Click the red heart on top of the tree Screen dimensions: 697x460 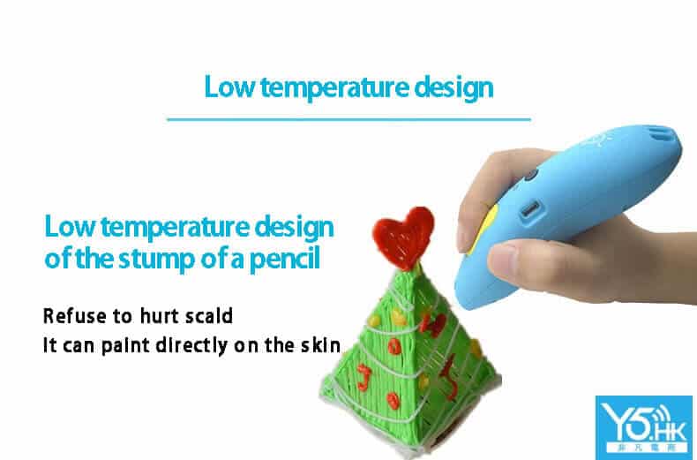pos(402,238)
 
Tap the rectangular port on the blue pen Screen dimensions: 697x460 pos(530,208)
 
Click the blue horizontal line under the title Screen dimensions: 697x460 pos(349,119)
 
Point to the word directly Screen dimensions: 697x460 pos(191,347)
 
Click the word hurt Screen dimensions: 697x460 pos(159,316)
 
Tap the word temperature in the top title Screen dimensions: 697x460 pos(334,88)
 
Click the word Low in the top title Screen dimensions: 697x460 pos(229,87)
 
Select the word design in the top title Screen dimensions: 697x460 pos(453,88)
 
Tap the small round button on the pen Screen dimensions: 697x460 pos(530,176)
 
